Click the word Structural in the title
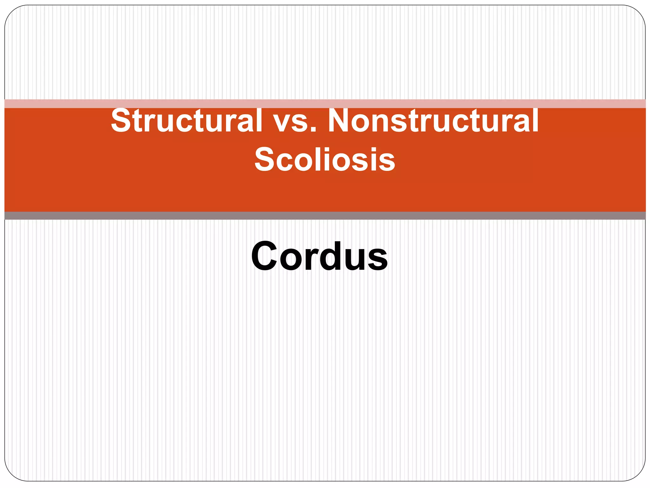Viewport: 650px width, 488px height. (x=187, y=121)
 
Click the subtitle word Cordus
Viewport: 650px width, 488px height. (x=319, y=256)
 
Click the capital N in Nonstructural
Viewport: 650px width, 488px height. (x=338, y=121)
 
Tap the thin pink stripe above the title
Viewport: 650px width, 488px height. (x=325, y=104)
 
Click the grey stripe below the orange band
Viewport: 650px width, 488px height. (x=325, y=216)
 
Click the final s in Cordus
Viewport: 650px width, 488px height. (x=378, y=259)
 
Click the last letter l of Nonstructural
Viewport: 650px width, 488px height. (x=535, y=120)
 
